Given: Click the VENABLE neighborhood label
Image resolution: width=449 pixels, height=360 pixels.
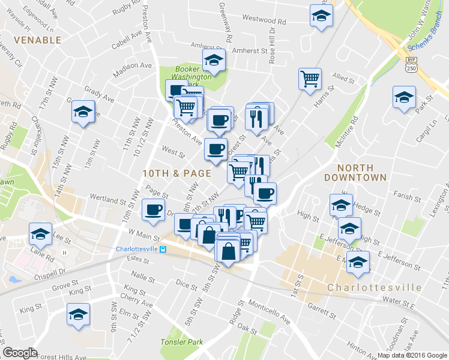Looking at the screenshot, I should (x=37, y=40).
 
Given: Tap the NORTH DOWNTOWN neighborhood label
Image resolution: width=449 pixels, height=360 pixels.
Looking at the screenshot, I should (x=355, y=173).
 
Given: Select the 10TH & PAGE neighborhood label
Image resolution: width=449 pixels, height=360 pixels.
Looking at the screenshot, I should (x=176, y=173).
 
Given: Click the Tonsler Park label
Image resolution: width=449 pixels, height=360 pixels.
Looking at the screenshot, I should (x=178, y=342).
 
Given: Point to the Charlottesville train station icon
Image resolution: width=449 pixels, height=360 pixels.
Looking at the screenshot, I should (x=163, y=250).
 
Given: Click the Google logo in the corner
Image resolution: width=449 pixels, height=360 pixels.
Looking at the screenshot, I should (x=20, y=353).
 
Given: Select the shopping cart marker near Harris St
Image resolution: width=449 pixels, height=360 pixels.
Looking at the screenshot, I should (x=310, y=78).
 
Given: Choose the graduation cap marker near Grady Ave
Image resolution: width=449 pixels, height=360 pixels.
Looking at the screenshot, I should (x=83, y=111).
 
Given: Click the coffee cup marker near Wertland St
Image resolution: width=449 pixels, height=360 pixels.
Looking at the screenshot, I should (x=152, y=209).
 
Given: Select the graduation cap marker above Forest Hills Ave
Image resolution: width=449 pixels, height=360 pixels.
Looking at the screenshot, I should (x=78, y=315).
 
